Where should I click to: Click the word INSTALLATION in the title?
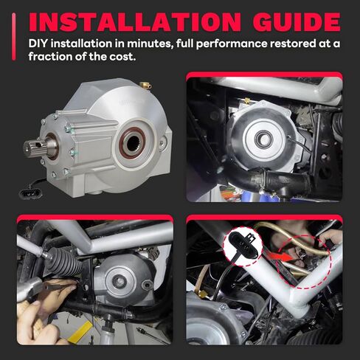pos(135,22)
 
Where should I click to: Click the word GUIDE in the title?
pos(297,22)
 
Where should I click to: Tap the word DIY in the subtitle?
pos(37,44)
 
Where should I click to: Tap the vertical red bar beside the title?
pos(14,37)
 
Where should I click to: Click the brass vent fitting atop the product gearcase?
pos(145,85)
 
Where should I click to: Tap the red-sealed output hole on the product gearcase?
pos(132,142)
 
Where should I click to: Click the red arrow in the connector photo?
pos(280,257)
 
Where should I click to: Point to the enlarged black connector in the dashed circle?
pos(243,246)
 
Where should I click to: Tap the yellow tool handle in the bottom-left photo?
pos(80,332)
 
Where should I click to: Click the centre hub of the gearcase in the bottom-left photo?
pos(120,282)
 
